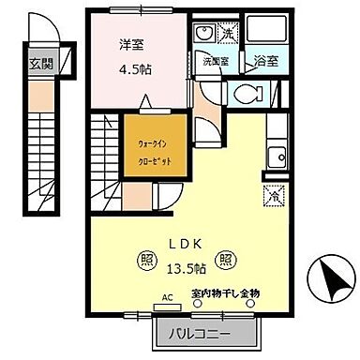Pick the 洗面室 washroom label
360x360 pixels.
215,62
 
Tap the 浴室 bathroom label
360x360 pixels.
265,62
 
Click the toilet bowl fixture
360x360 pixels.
247,94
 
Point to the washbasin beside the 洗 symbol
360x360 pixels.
204,33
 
